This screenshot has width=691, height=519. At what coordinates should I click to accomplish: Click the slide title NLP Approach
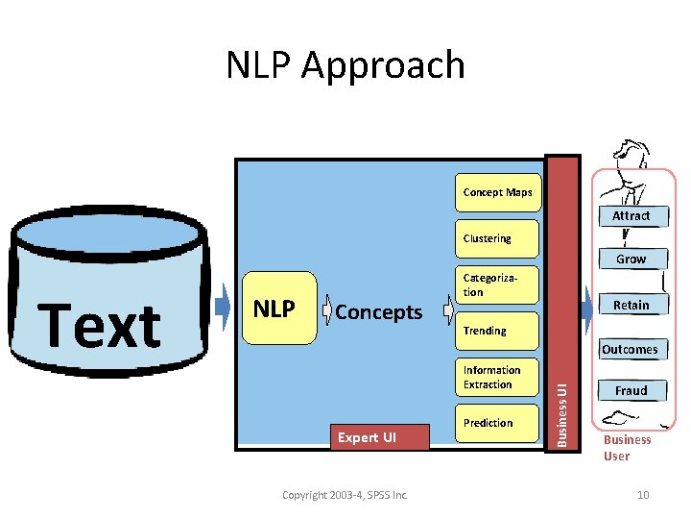point(345,65)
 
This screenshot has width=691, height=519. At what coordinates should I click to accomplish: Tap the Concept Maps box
point(497,192)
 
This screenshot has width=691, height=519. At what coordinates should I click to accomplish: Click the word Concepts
point(379,312)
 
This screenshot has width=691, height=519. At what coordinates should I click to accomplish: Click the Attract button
point(631,216)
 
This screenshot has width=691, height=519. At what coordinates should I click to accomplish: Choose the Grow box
point(631,259)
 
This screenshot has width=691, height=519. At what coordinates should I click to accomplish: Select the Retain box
point(631,305)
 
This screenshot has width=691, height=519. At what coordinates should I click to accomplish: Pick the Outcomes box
point(630,350)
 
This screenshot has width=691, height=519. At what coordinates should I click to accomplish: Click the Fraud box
point(631,391)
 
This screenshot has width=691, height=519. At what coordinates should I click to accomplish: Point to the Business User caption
point(627,448)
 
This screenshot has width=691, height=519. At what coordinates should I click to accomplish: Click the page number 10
point(643,495)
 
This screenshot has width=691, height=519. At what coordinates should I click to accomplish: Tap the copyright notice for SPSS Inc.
point(345,495)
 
